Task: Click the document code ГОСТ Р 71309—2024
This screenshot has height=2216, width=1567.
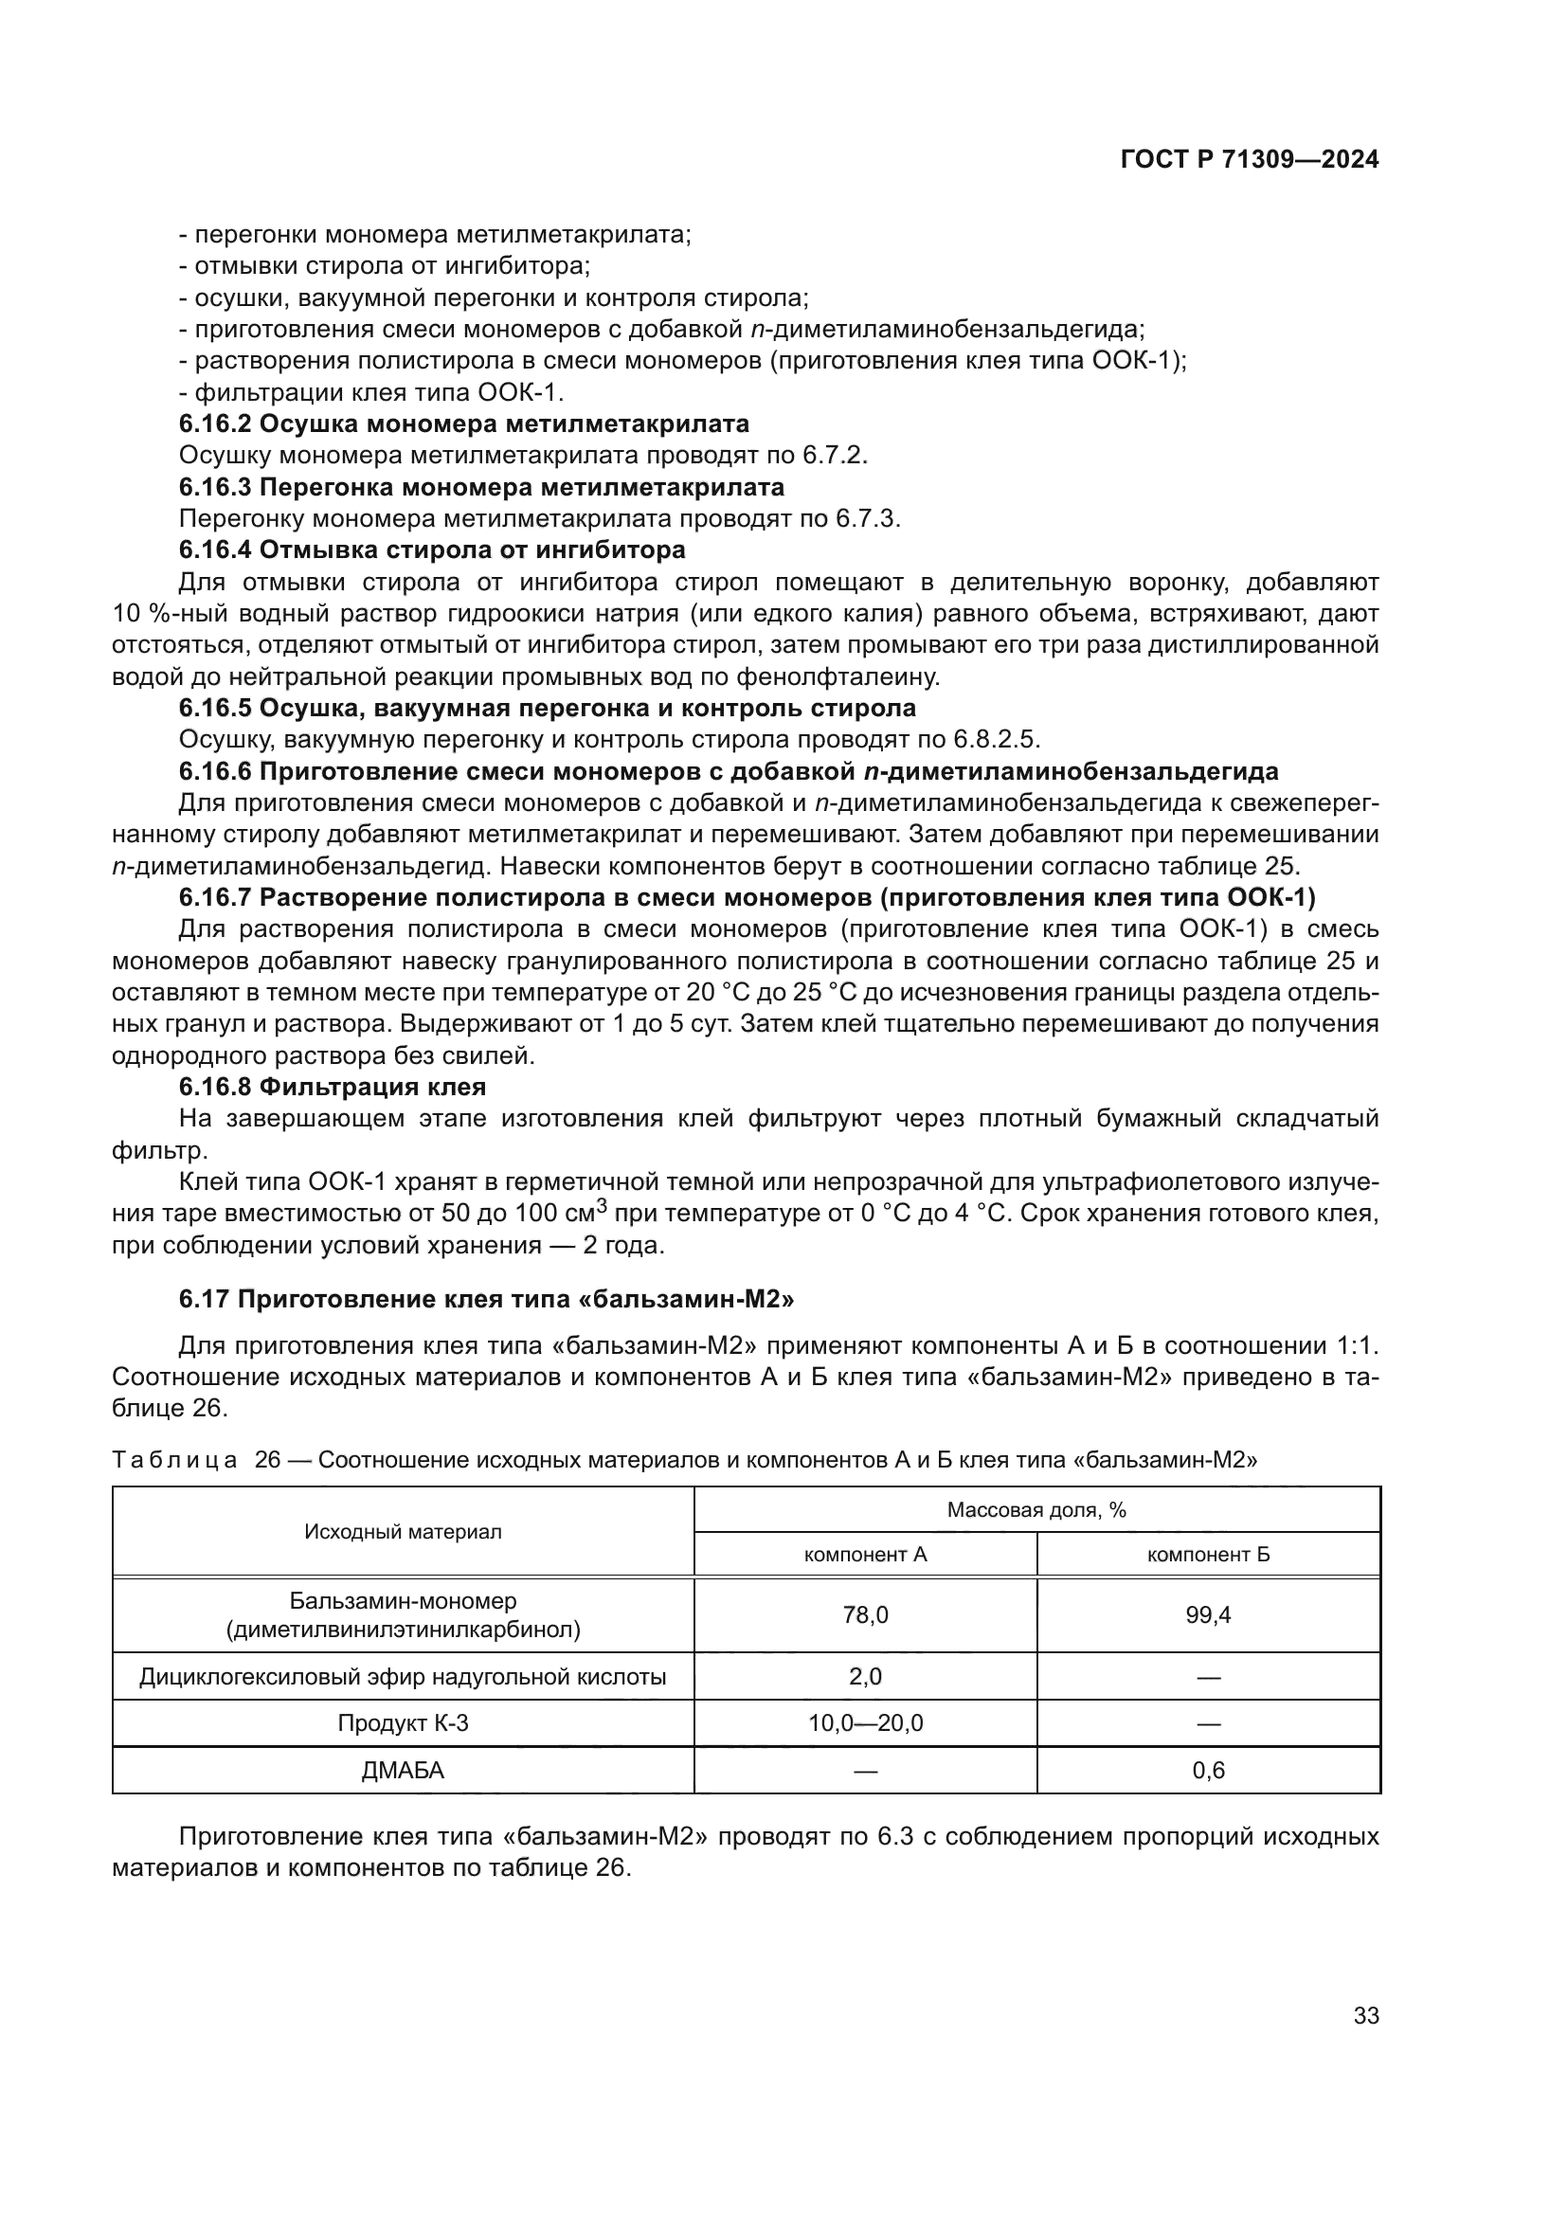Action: [1249, 160]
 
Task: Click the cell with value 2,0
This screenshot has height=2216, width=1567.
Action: [865, 1703]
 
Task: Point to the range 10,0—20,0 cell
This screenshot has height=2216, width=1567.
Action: [865, 1750]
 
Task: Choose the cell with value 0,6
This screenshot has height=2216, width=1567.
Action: [1208, 1797]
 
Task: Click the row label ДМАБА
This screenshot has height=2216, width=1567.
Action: [403, 1797]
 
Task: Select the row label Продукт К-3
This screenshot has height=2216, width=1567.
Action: [403, 1750]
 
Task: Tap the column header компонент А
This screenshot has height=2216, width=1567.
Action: [865, 1554]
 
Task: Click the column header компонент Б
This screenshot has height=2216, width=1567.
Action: [1208, 1554]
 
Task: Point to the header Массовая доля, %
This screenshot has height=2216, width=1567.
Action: [1036, 1509]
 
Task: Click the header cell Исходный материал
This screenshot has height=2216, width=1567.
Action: [403, 1532]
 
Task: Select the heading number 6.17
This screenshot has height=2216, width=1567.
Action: [204, 1298]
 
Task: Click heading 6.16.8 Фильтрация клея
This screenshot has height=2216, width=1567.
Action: [332, 1087]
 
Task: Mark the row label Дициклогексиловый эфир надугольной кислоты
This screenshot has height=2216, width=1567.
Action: [403, 1703]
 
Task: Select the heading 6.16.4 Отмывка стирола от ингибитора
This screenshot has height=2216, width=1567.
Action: [432, 550]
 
